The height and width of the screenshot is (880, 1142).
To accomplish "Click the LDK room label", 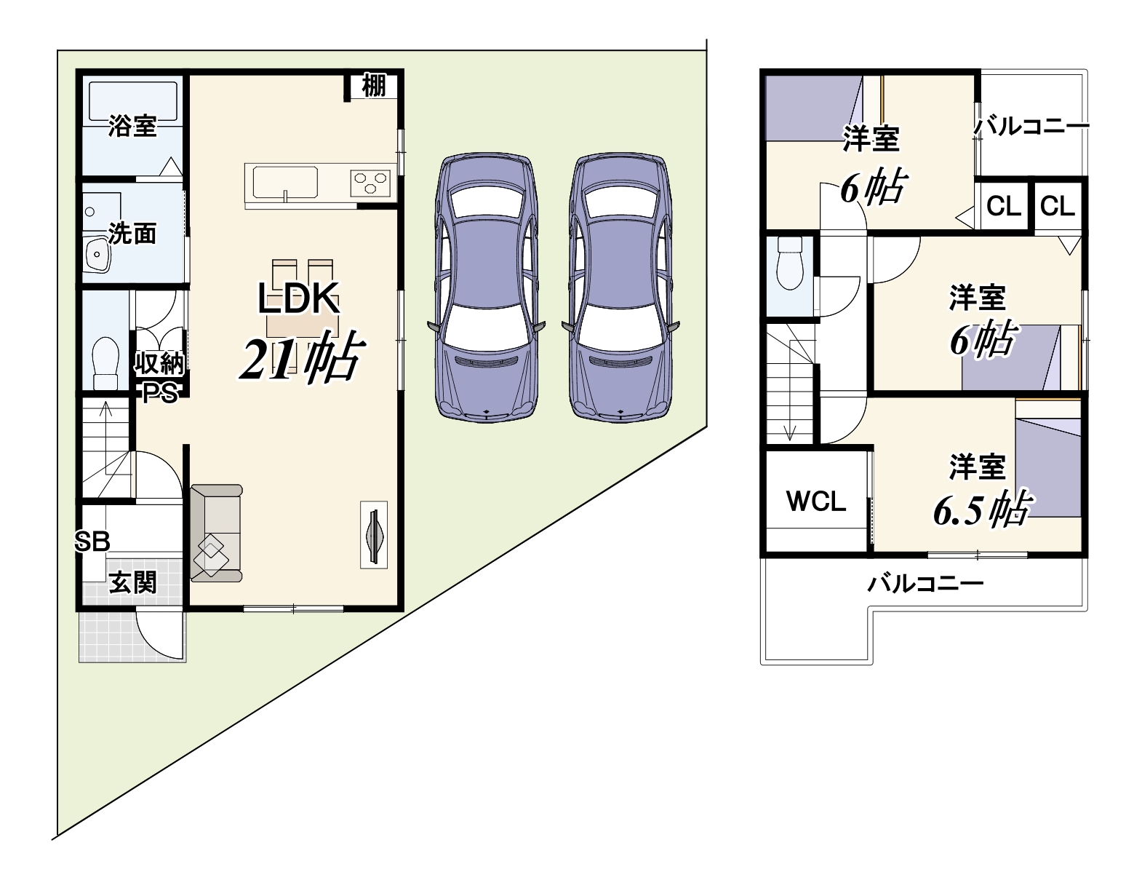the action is click(x=298, y=298).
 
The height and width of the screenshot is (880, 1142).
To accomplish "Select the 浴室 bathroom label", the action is click(x=132, y=126).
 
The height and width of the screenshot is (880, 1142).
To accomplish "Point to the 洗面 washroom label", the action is click(x=132, y=233).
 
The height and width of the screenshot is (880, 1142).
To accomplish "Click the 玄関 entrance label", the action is click(x=132, y=582).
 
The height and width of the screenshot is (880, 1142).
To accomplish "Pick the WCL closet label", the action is click(x=816, y=502).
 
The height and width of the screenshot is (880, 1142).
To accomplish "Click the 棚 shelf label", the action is click(x=374, y=86).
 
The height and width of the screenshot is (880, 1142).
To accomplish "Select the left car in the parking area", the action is click(x=486, y=288).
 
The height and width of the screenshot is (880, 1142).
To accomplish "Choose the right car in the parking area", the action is click(x=620, y=288).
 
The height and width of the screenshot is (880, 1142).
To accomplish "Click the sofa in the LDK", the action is click(x=216, y=533).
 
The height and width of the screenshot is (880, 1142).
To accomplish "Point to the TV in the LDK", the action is click(x=374, y=534).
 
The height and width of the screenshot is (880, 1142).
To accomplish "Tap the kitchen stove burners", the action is click(x=370, y=183).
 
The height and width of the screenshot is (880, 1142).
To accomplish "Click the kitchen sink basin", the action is click(x=285, y=183).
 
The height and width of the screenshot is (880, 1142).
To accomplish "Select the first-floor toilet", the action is click(x=105, y=362).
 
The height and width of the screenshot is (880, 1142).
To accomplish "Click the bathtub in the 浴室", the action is click(x=132, y=101).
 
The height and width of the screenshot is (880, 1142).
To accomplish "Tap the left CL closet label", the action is click(x=1003, y=206).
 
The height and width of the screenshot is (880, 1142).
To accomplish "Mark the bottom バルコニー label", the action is click(x=925, y=584).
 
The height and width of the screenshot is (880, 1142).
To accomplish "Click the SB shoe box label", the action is click(x=92, y=541).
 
